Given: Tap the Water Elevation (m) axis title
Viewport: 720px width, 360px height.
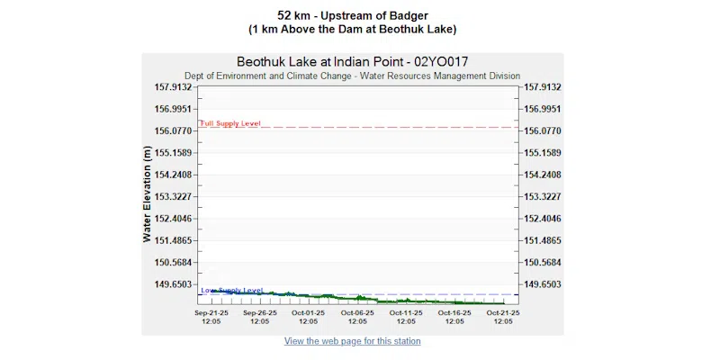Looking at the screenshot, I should [x=147, y=197].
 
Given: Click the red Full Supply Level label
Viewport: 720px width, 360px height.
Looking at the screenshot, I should [x=230, y=122].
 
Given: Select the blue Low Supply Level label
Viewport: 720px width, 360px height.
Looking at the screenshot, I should [x=232, y=290].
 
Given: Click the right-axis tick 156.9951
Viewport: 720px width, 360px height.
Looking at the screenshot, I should [x=542, y=109].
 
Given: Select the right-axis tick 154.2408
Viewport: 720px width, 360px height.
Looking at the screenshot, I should [x=542, y=175].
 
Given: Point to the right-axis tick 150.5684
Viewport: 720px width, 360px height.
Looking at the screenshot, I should [x=542, y=263].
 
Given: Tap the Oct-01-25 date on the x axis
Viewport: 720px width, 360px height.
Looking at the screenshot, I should [x=309, y=312].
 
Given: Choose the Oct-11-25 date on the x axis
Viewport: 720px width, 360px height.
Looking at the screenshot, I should [x=406, y=312].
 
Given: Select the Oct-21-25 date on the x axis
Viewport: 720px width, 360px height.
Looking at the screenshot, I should [x=502, y=312].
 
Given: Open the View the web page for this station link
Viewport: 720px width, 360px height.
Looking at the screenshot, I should [x=352, y=341].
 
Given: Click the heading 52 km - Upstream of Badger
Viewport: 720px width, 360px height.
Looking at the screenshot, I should [x=352, y=15].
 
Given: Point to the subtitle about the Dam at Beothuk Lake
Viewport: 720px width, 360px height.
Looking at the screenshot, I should [x=352, y=29].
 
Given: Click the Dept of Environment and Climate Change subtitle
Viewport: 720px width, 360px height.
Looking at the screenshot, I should [x=352, y=76].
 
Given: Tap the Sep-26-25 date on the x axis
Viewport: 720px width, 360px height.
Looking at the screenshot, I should [x=260, y=312].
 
